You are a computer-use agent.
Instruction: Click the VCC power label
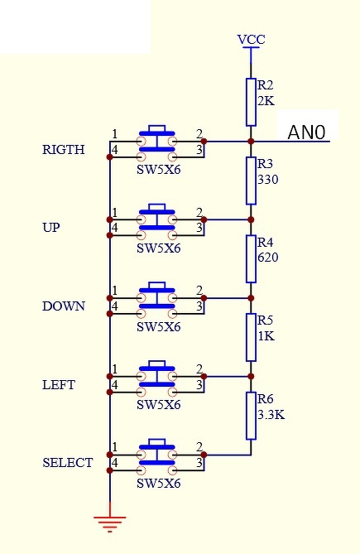pos(251,39)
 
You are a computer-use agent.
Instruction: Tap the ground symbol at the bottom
pos(110,523)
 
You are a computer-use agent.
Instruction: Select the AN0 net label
pos(306,132)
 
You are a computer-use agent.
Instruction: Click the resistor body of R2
pos(251,102)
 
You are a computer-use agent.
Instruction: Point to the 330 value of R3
pos(268,180)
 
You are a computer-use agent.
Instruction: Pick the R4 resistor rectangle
pos(251,259)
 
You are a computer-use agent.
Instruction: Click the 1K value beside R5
pos(266,335)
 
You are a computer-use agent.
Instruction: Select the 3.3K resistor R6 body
pos(251,416)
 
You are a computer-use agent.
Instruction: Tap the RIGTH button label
pos(64,149)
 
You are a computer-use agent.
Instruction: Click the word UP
pos(51,228)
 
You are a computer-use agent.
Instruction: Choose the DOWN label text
pos(64,306)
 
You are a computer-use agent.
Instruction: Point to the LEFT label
pos(59,384)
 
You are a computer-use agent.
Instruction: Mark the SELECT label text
pos(67,463)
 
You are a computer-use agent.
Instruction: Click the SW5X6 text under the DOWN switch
pos(158,327)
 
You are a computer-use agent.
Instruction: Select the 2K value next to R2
pos(266,101)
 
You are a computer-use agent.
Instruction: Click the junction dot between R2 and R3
pos(251,142)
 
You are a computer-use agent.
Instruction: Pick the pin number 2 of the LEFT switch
pos(199,369)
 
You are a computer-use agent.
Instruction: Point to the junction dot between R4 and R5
pos(251,298)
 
